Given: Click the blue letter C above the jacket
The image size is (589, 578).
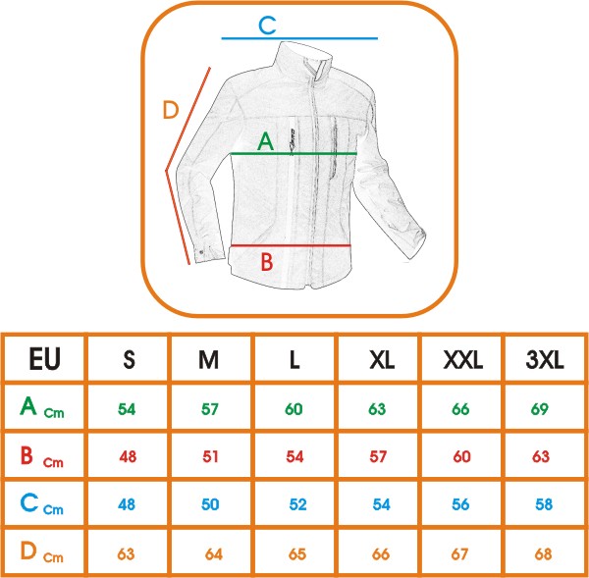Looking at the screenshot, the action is tap(267, 26).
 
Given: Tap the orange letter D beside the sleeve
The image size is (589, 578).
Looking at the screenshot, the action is tap(171, 110).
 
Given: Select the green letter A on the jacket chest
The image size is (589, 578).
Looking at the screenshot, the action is tap(266, 141).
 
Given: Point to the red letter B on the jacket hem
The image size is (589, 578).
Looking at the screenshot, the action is tap(267, 262).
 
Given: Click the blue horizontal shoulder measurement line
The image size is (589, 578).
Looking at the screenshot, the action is tap(299, 38).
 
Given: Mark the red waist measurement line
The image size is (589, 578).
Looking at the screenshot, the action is tap(291, 246).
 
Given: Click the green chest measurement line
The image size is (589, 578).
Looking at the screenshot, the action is tap(294, 153).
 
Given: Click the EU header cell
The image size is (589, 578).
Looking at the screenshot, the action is tap(45, 359).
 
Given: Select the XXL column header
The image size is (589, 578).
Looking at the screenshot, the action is tap(462, 360).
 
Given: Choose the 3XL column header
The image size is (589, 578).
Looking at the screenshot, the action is tap(544, 360).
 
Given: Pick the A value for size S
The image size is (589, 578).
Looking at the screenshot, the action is tap(127, 408).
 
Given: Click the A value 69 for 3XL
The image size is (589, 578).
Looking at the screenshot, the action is tap(540, 408).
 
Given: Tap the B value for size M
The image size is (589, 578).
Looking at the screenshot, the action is tap(211, 456).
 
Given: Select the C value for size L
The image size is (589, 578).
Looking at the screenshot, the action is tap(297, 504).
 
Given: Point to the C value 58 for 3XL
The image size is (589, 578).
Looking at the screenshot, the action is tap(544, 504).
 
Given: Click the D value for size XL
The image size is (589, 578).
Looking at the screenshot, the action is tap(381, 554).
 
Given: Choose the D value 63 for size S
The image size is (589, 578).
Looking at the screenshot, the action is tap(126, 554).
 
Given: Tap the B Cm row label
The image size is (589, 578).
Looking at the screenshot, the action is tap(41, 456).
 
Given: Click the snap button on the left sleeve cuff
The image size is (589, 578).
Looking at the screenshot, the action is tap(201, 251).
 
